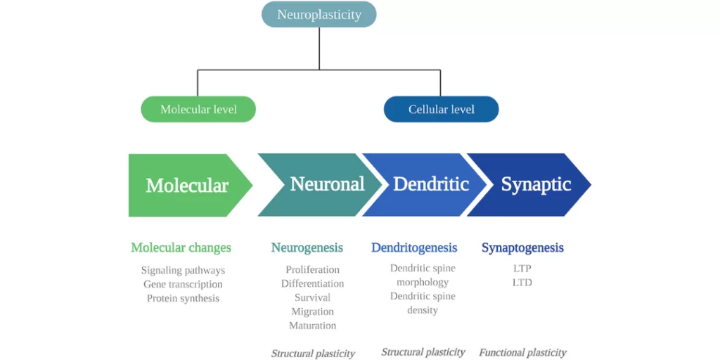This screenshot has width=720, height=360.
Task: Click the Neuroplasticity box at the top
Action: point(319,15)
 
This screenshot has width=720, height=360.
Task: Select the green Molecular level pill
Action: point(198,109)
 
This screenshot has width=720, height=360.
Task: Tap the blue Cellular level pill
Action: point(441,109)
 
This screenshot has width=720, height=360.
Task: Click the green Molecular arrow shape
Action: point(187,185)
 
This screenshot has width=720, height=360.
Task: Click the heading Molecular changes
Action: point(181,247)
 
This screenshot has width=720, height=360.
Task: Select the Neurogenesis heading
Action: point(307,247)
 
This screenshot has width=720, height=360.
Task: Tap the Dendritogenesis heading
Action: point(414,247)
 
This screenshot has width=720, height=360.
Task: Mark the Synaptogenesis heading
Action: point(522,247)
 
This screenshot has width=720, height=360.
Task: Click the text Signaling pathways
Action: point(183,270)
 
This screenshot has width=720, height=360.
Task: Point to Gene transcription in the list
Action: point(183,284)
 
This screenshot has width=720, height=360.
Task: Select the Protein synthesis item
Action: point(183,298)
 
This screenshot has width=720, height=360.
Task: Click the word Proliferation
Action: point(312,269)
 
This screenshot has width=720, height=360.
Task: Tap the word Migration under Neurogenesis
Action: point(312,311)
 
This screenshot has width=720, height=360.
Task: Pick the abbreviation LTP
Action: point(522,269)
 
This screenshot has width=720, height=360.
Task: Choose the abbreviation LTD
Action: point(522,283)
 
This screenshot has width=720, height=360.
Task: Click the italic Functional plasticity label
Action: point(522,352)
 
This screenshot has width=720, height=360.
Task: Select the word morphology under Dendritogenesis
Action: point(423,282)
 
